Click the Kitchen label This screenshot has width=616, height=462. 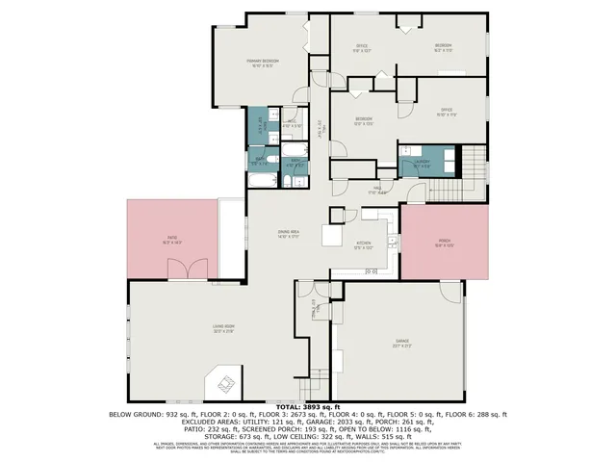pos(364,244)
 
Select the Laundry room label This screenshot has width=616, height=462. pos(422,163)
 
